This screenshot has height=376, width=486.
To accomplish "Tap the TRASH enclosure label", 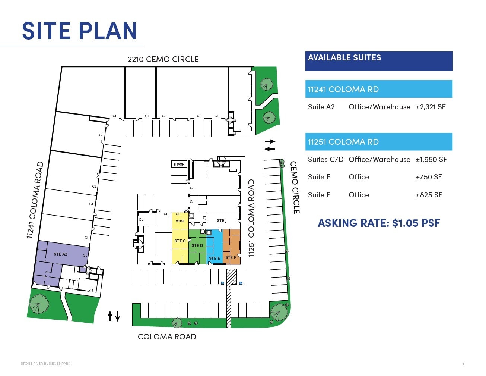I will coord(179,164).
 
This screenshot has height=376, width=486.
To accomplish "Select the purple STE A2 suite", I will coord(60,254).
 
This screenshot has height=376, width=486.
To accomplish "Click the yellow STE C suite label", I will coord(180,241).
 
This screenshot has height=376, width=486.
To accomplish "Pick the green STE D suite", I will coord(197,245).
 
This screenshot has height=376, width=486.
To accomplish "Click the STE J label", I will coord(222,220).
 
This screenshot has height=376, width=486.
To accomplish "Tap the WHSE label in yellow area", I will coord(180,221).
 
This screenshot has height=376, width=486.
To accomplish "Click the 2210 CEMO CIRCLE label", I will coord(163,59).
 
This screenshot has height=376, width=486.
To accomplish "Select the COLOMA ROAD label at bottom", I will coord(167,337).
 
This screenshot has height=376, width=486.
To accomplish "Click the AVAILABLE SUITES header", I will coord(344,58).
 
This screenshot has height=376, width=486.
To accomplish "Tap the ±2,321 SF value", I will coord(431,107).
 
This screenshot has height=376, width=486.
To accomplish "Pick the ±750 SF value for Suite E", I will coord(429,177).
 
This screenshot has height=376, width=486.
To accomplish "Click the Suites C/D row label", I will coord(325,160).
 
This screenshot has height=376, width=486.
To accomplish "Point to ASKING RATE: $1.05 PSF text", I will coord(379,223).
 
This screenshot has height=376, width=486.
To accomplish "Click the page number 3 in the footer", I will coord(463,363).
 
